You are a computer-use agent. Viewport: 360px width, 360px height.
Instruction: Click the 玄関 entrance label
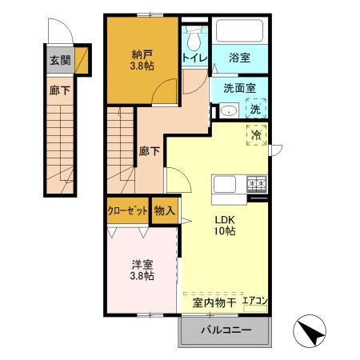59,60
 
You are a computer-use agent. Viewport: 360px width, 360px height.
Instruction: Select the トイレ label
194,58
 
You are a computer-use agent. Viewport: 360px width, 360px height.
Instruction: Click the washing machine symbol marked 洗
254,109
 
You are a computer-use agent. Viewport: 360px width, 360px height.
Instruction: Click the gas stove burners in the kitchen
257,185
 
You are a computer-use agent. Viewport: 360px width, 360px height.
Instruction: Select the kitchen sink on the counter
224,185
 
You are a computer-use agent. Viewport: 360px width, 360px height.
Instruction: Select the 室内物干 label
213,302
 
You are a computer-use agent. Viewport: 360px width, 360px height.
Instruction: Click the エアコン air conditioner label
255,302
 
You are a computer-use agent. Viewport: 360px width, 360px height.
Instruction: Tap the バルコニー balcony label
226,330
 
